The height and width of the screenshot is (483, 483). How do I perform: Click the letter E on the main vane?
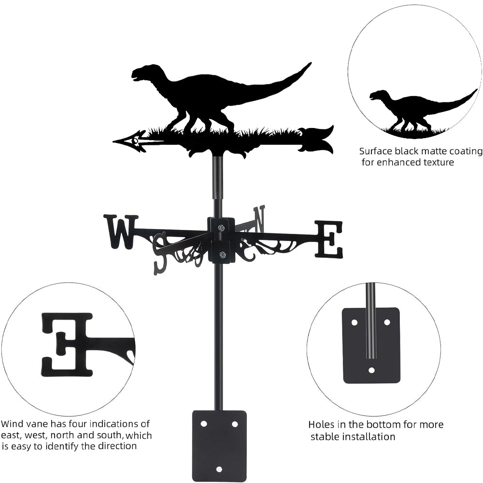(x=329, y=239)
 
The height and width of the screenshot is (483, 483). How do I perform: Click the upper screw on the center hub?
(x=221, y=227)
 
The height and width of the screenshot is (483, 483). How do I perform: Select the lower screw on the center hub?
(x=222, y=255)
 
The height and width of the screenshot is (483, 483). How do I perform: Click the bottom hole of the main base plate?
(x=219, y=469)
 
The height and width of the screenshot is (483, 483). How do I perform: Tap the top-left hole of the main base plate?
(x=203, y=424)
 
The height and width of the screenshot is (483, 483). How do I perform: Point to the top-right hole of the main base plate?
(x=235, y=424)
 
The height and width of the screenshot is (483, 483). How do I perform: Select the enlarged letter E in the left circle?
(x=68, y=344)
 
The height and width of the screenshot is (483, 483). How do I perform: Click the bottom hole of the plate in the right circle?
(x=371, y=370)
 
